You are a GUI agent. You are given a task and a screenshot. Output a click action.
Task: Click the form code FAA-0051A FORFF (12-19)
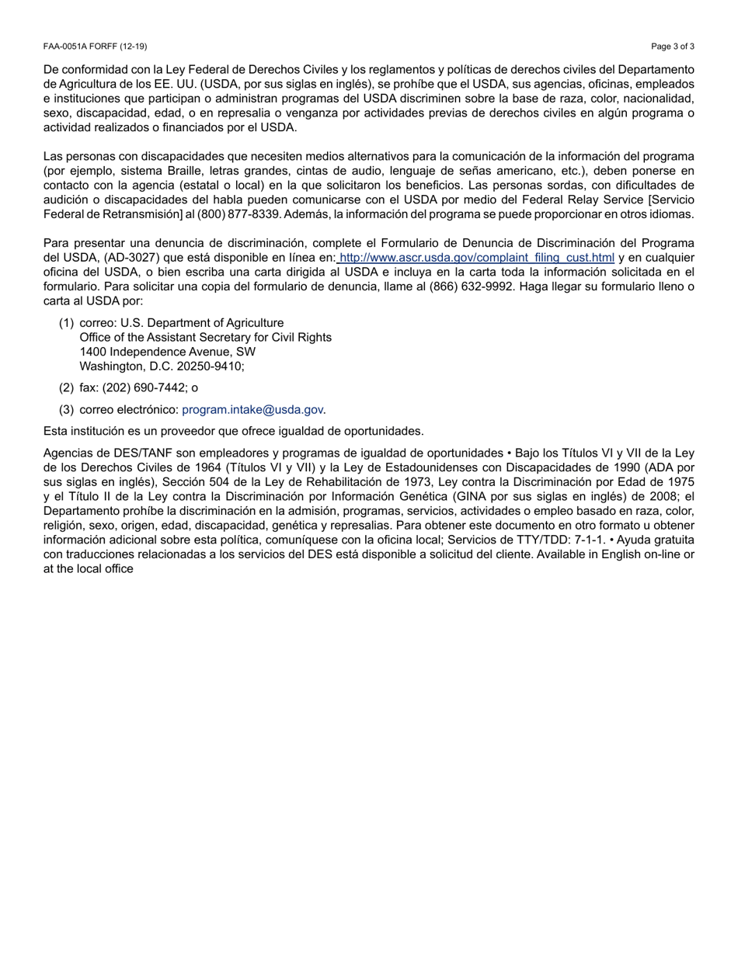[95, 47]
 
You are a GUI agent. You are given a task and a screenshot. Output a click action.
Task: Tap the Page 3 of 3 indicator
[673, 47]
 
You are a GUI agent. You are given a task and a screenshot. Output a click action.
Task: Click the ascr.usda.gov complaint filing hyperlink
[476, 258]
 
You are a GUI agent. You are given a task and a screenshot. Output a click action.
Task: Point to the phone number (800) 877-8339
[238, 214]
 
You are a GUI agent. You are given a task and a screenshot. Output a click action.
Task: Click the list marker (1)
[66, 323]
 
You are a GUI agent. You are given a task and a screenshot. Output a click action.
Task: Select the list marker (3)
[66, 409]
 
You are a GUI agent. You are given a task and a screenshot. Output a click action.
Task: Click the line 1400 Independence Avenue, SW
[167, 352]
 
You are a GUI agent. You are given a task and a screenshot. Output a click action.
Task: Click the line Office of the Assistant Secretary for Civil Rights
[205, 338]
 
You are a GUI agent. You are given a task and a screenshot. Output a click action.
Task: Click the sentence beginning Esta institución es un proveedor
[233, 431]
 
